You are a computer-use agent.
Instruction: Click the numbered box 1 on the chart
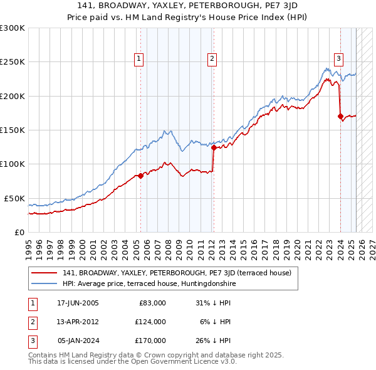[138, 59]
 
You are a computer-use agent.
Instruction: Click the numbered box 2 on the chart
[212, 59]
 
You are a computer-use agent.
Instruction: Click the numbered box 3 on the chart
[338, 59]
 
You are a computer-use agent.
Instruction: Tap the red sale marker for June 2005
[140, 176]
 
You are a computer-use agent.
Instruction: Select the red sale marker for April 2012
[214, 148]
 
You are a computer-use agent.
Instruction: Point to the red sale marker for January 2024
[340, 116]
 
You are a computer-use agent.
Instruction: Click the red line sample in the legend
[44, 273]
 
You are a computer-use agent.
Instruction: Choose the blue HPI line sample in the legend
[44, 283]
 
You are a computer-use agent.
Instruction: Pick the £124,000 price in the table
[150, 322]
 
